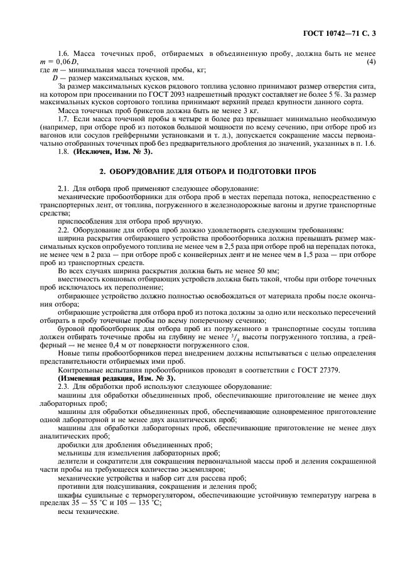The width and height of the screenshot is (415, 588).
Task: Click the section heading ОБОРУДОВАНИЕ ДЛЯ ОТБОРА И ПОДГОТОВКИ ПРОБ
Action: pyautogui.click(x=208, y=171)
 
